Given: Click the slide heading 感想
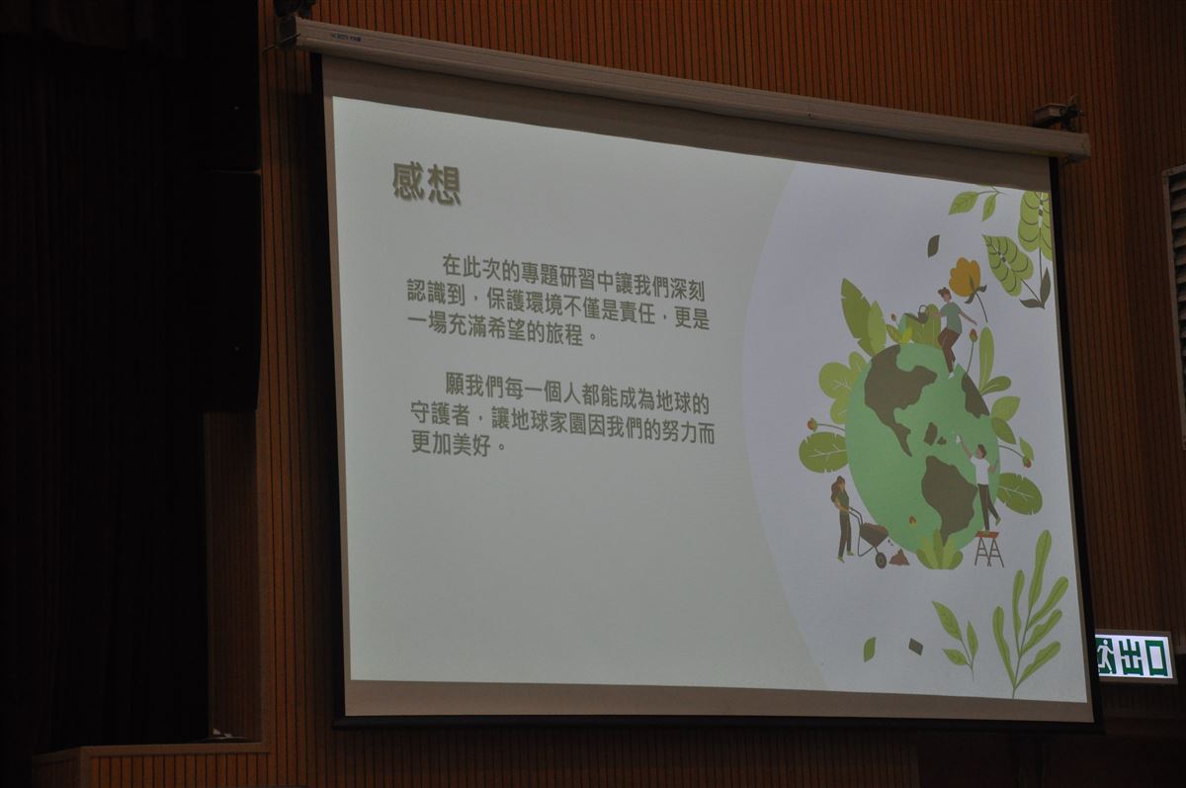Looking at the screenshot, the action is tap(427, 184).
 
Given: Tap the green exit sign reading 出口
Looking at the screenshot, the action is tap(1133, 657).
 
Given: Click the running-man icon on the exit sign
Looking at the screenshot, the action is tap(1106, 656).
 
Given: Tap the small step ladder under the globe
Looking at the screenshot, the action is tap(989, 549).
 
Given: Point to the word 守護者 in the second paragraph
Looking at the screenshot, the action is tap(441, 413).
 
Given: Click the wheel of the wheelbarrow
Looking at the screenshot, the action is tap(881, 560).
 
